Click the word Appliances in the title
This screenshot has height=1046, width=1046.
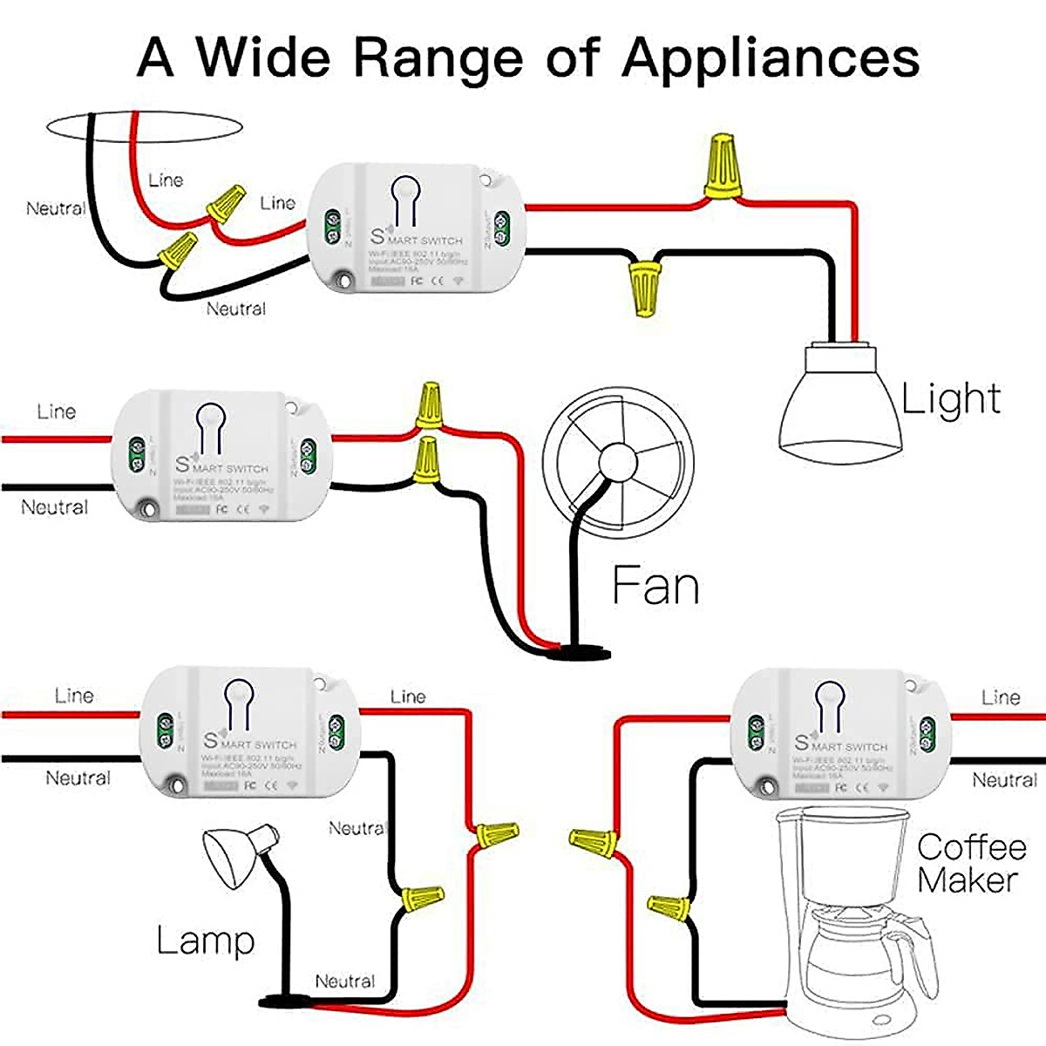coord(771,58)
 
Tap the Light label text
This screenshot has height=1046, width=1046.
coord(950,398)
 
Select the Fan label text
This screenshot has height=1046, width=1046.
coord(655,585)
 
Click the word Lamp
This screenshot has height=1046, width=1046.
coord(205,941)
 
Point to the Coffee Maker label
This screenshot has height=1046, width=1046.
coord(970,863)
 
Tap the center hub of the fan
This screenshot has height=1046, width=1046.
coord(618,458)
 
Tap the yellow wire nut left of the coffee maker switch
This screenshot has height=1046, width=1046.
coord(594,841)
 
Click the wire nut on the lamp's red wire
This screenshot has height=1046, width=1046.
coord(495,835)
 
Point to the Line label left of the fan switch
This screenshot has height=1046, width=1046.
coord(56,411)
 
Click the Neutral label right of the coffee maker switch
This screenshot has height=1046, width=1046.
coord(1004,780)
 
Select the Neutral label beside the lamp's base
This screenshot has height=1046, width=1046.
coord(345,981)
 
